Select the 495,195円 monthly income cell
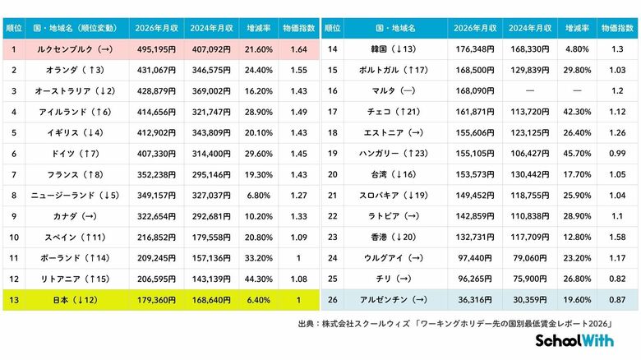[x=152, y=50]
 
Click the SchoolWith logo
[x=579, y=341]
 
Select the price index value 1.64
[x=300, y=50]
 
